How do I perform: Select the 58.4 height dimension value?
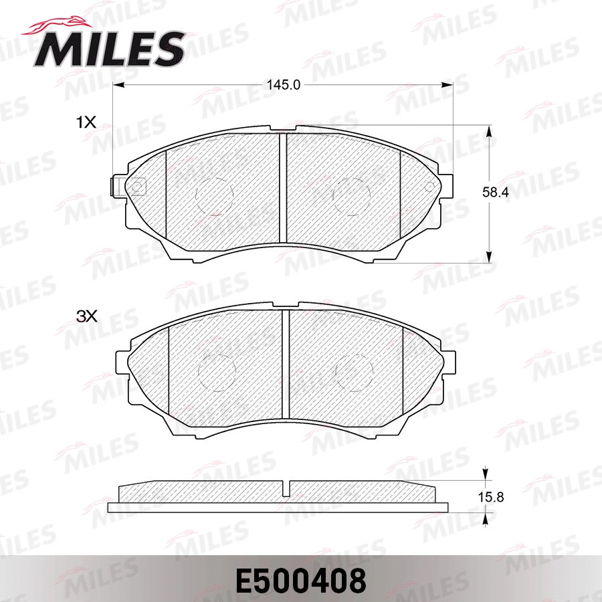pyautogui.click(x=496, y=192)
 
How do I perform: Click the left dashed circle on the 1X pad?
pyautogui.click(x=215, y=196)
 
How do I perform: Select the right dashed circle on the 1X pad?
pyautogui.click(x=352, y=196)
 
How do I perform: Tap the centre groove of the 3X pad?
pyautogui.click(x=285, y=363)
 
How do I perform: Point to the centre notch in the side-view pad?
pyautogui.click(x=286, y=488)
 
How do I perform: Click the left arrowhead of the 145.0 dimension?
pyautogui.click(x=118, y=85)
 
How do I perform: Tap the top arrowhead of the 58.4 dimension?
pyautogui.click(x=491, y=132)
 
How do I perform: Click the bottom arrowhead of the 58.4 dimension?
pyautogui.click(x=491, y=256)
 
